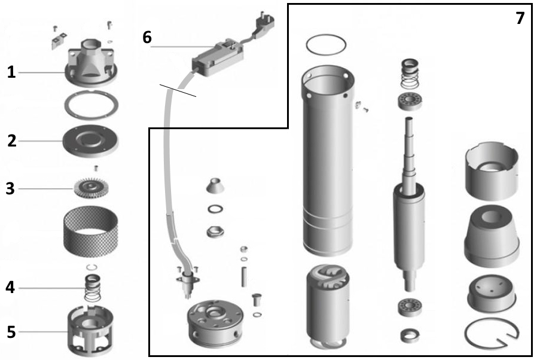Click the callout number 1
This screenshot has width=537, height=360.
click(x=11, y=73)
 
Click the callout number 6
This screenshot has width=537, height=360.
click(x=147, y=37)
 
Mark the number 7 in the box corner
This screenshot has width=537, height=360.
click(x=520, y=18)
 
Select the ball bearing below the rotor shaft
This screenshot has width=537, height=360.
click(x=410, y=307)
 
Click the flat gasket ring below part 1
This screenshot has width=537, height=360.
click(x=91, y=105)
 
